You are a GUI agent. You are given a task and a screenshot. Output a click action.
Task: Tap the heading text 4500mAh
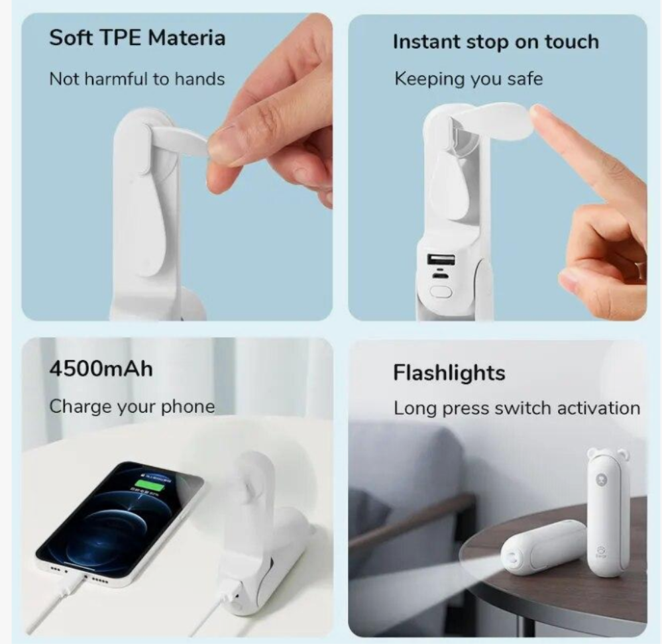click(101, 369)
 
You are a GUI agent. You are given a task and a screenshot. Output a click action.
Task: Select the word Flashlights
click(449, 373)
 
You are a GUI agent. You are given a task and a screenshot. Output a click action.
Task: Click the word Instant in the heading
click(426, 42)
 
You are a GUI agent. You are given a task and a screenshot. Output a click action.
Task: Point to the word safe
click(525, 78)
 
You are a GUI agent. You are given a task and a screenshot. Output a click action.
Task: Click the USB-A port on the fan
click(441, 258)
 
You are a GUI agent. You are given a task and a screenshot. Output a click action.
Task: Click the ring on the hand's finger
click(641, 268)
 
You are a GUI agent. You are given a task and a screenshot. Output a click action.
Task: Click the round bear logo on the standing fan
click(600, 480)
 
